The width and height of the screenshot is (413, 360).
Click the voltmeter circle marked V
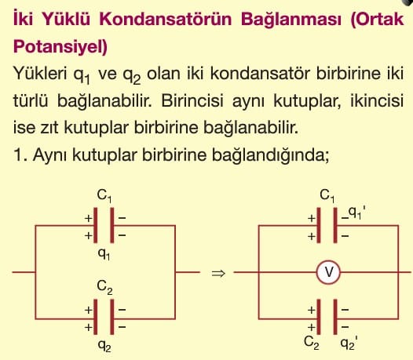(328, 272)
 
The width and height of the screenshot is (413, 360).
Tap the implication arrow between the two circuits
(218, 274)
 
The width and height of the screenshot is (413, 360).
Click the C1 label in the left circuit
(104, 196)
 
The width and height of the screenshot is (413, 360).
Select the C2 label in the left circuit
(104, 287)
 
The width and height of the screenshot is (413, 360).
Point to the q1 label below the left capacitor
(104, 254)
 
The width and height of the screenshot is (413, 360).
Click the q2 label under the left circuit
(104, 346)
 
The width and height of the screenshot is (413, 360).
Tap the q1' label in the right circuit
(357, 213)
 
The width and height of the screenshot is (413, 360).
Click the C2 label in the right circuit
(312, 343)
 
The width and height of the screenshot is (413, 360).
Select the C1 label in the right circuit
(327, 196)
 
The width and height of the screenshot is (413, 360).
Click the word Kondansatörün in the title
(166, 19)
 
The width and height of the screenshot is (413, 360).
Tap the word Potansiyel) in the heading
(60, 47)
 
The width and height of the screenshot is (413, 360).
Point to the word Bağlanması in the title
(291, 20)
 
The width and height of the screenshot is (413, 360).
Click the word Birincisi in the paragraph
(192, 100)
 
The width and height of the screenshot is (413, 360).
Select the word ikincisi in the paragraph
(377, 100)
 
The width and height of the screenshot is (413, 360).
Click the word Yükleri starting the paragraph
(40, 73)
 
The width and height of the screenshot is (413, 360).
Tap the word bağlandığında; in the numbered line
(270, 155)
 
